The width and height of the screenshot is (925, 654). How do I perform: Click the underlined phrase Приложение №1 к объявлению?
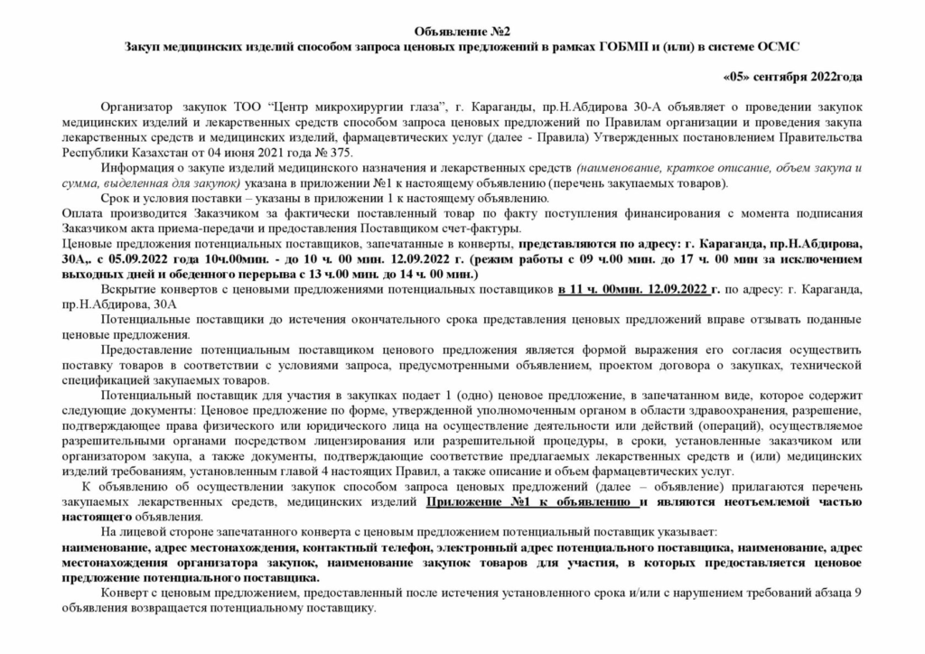point(532,501)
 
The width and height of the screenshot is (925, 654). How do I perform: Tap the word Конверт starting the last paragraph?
point(126,593)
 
